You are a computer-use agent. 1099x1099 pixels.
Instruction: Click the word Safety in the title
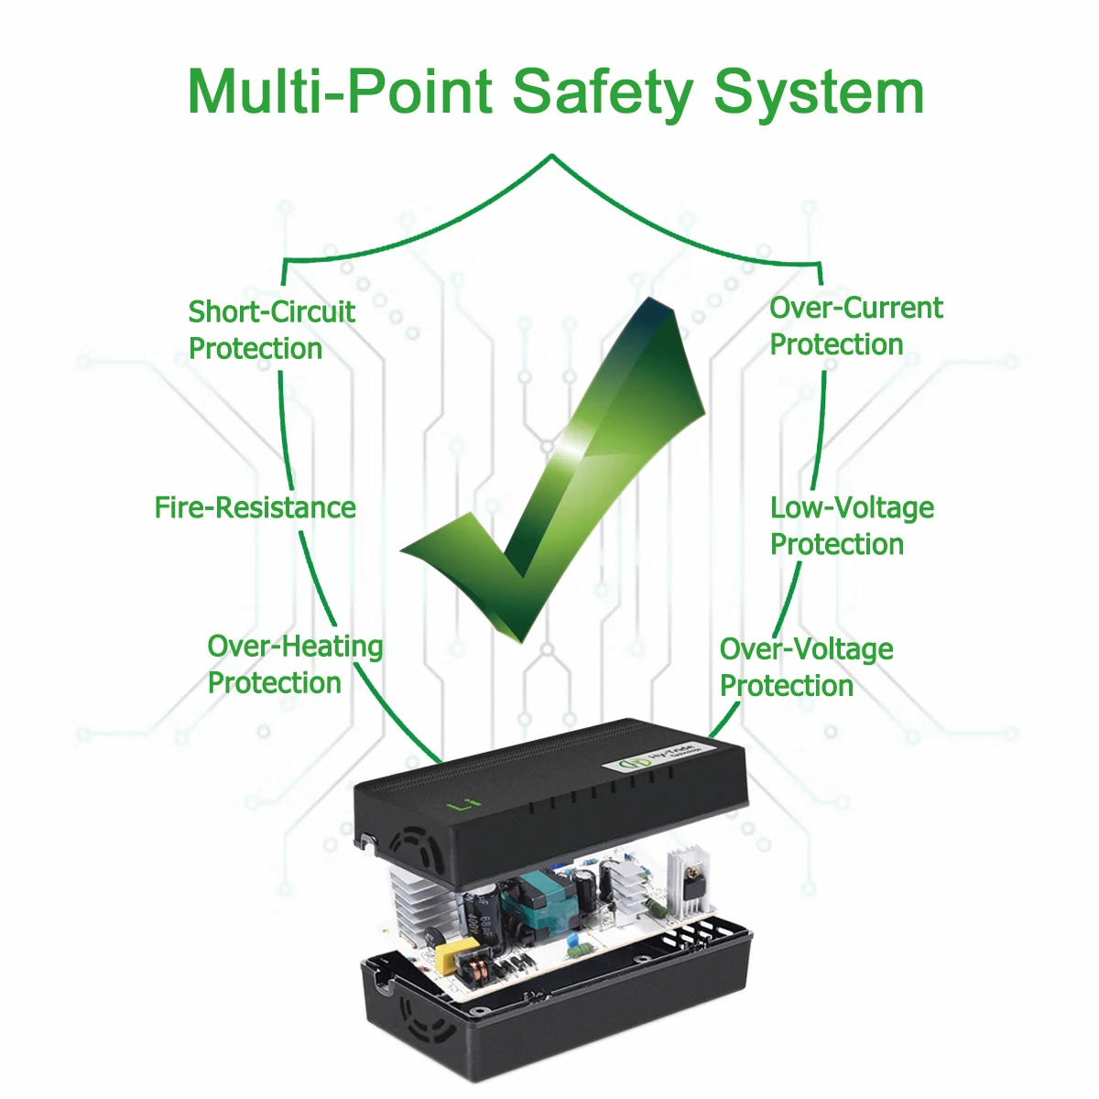[x=603, y=93]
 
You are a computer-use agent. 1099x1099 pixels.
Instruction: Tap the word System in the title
[x=819, y=93]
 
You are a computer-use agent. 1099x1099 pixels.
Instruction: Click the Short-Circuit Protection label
[x=271, y=330]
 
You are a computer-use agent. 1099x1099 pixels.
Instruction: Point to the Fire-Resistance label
[x=255, y=507]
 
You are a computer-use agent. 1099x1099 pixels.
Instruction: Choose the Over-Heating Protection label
[x=294, y=664]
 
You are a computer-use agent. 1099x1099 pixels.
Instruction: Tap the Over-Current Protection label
[x=854, y=326]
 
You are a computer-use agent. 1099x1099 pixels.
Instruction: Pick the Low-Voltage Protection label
[x=851, y=526]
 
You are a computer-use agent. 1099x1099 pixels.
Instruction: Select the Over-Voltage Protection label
[x=805, y=667]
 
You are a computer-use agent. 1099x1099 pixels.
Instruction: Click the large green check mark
[x=568, y=476]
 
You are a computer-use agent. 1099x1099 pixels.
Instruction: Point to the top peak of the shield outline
[x=551, y=157]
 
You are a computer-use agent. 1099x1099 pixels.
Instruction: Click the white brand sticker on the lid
[x=661, y=757]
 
